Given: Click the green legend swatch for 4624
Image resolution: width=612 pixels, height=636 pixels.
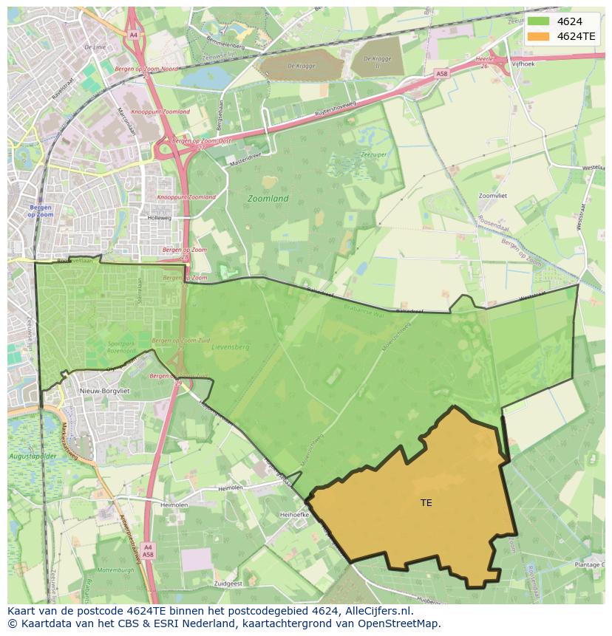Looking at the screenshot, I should pos(539,21).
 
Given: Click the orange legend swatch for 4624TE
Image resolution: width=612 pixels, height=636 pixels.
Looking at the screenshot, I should pos(539,35).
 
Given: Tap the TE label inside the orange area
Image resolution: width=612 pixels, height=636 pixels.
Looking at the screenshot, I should pos(426,503).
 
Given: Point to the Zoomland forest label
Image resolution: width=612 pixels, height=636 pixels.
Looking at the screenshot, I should pos(268,199).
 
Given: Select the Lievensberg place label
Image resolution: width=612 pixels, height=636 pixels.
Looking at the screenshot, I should pos(231,346).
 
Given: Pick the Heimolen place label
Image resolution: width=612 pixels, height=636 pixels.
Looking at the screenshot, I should pos(231,489).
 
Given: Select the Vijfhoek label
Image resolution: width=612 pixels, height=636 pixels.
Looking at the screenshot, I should pos(524,65).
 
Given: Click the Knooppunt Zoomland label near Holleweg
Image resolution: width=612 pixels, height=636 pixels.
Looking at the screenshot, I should pos(186,197).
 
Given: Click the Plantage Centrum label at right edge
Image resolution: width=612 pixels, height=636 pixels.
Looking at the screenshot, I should pos(590,564).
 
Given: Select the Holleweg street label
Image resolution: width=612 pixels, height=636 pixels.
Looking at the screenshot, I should pos(159,218).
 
